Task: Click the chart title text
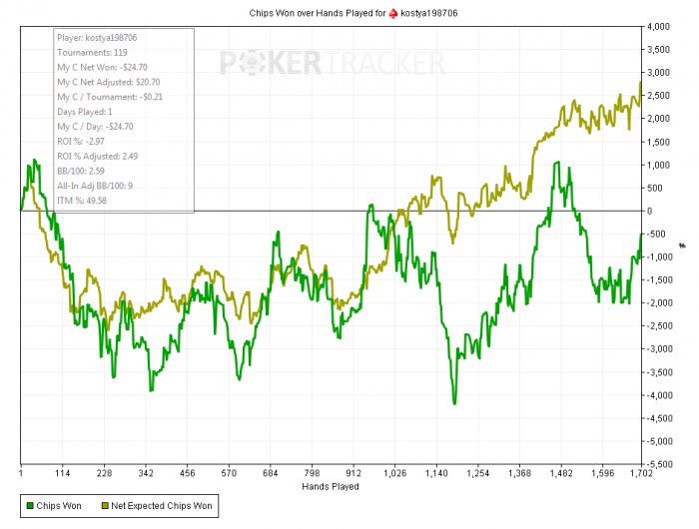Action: point(349,12)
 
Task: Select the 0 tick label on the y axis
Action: point(651,212)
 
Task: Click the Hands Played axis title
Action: point(330,487)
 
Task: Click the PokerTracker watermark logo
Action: point(333,64)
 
